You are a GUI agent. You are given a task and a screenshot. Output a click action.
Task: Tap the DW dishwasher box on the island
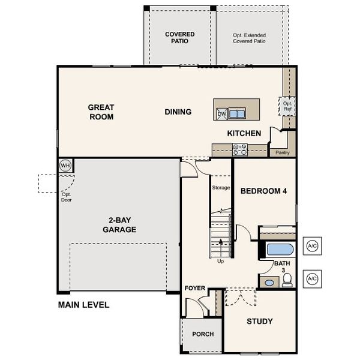(x=221, y=113)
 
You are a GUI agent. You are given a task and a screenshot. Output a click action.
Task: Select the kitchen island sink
(x=236, y=113)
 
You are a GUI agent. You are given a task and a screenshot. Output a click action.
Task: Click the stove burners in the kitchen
(x=240, y=149)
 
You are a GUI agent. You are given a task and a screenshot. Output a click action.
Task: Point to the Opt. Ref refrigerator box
(x=287, y=107)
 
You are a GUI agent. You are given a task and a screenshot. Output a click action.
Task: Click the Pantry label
(x=283, y=152)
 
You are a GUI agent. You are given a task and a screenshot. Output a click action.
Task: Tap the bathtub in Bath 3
(x=279, y=249)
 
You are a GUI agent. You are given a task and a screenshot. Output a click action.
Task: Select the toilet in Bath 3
(x=287, y=279)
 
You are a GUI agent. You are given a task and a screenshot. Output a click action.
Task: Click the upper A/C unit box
(x=312, y=246)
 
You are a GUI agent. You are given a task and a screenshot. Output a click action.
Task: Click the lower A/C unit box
(x=312, y=278)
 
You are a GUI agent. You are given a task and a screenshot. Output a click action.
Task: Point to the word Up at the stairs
(x=221, y=261)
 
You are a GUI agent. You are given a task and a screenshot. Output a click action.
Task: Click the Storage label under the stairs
(x=221, y=188)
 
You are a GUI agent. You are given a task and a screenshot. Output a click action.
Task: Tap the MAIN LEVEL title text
(x=83, y=305)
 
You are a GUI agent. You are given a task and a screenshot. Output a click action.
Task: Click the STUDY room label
(x=260, y=322)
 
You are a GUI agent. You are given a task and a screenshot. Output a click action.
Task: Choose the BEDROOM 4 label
(x=264, y=191)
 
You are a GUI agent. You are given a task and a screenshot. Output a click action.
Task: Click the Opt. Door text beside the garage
(x=66, y=197)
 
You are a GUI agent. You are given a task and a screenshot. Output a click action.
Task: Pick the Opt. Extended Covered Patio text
(x=250, y=38)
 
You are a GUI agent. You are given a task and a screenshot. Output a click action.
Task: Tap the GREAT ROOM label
(x=101, y=112)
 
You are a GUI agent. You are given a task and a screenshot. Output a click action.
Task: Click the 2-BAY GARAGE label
(x=119, y=225)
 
